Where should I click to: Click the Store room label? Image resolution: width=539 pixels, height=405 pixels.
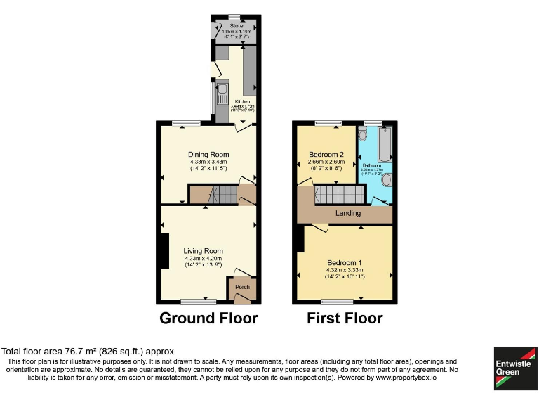click(x=236, y=26)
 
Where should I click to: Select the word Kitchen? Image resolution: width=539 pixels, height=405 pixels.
click(x=242, y=101)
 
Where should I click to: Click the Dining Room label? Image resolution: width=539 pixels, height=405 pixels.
click(x=208, y=155)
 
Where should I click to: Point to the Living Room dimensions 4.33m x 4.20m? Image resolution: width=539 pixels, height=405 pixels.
click(x=204, y=258)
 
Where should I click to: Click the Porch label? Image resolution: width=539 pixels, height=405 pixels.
click(x=242, y=287)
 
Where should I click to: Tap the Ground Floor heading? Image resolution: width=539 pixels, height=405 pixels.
click(x=208, y=318)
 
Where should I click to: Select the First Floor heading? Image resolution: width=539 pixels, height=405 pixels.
click(x=345, y=318)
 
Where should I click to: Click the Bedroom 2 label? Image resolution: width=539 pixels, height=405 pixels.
click(x=326, y=155)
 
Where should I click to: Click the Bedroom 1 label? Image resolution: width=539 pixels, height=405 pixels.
click(x=344, y=262)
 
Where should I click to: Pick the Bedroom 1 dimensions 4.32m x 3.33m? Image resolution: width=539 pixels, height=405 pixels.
click(x=344, y=270)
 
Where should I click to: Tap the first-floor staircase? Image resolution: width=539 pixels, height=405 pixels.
click(x=335, y=193)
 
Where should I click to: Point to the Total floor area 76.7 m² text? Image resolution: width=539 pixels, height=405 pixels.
click(x=88, y=352)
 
